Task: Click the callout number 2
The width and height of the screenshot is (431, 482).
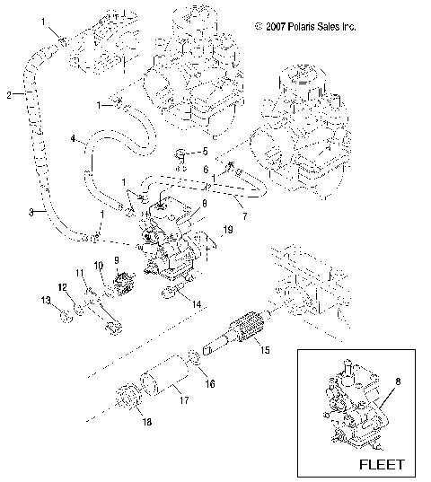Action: click(7, 94)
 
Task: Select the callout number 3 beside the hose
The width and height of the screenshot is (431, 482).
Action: click(7, 212)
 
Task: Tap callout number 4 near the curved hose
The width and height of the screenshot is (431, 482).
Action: click(73, 140)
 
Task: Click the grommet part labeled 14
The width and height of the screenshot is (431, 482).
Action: click(169, 296)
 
